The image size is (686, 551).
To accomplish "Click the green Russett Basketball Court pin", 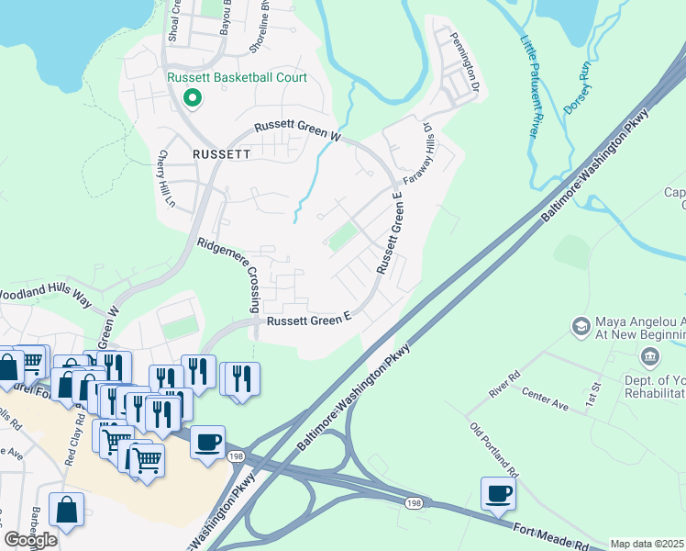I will (x=193, y=96).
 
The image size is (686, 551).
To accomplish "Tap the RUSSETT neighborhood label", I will (x=221, y=154).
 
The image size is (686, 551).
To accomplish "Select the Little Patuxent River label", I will (x=529, y=87).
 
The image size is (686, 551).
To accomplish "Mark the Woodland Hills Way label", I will (x=47, y=297).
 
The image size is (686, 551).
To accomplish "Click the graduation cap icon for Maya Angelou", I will (x=581, y=326).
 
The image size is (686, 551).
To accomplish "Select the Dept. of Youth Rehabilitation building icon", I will (x=651, y=357).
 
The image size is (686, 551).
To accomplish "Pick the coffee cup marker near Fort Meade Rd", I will (x=498, y=493).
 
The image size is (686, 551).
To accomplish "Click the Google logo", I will (x=30, y=540).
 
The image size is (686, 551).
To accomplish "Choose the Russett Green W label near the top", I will (x=298, y=131).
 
